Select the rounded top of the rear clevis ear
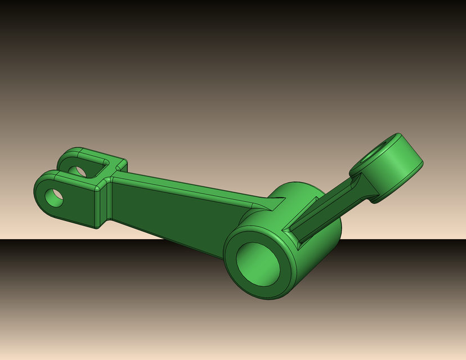[x=70, y=152]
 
